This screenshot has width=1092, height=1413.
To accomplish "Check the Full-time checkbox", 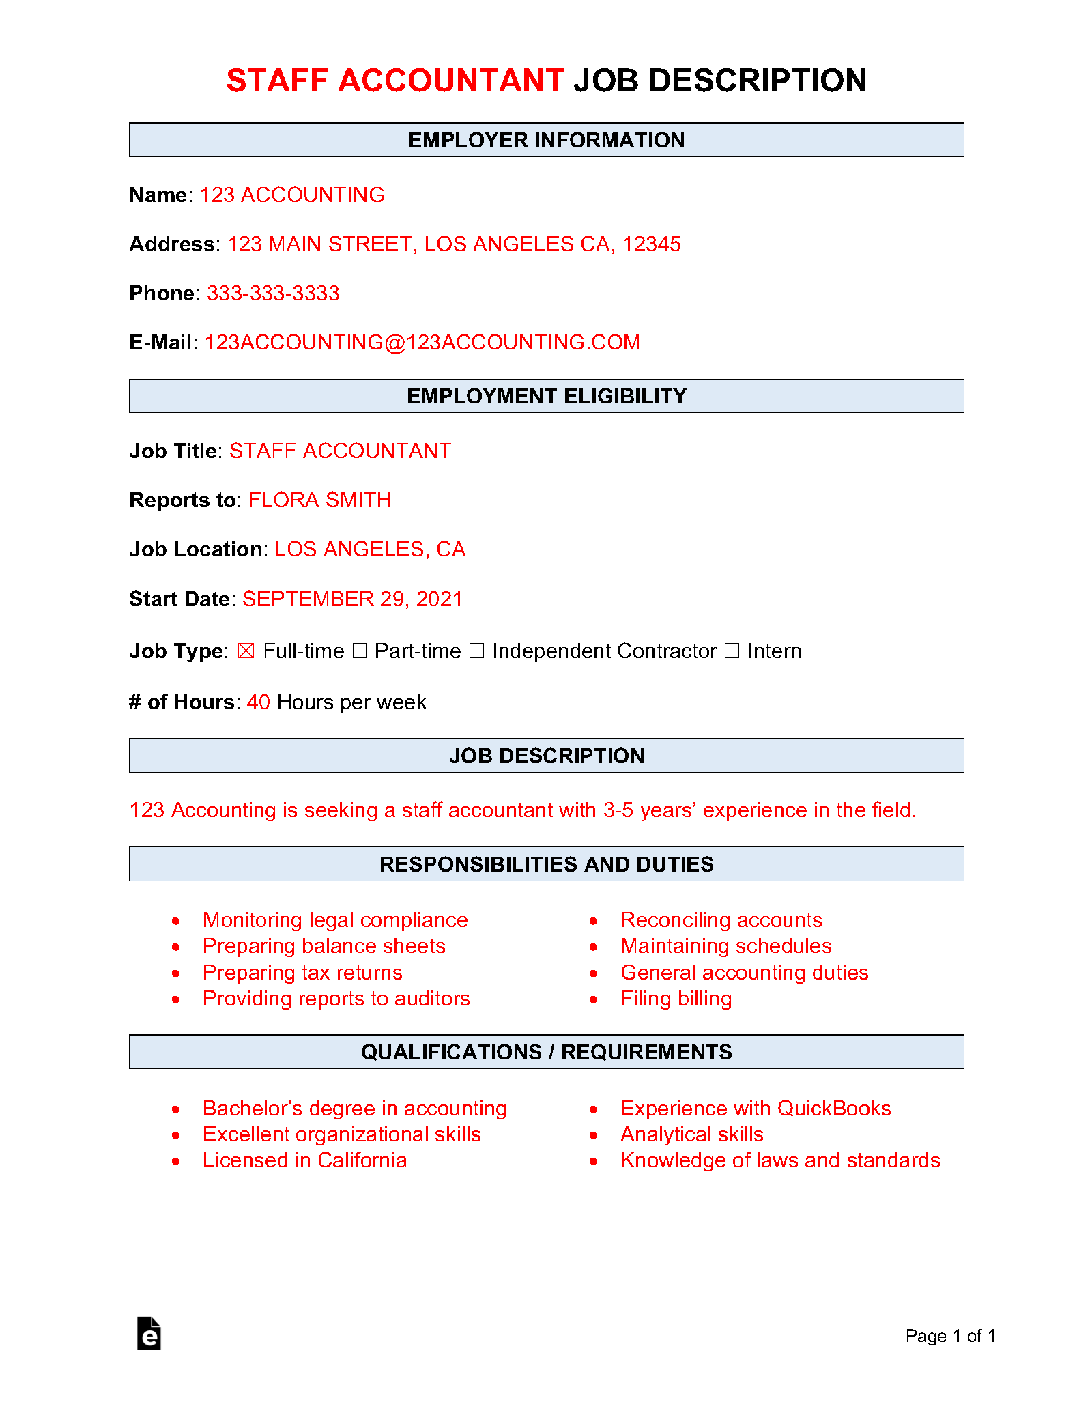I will coord(246,651).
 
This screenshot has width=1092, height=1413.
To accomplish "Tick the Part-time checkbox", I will coord(360,651).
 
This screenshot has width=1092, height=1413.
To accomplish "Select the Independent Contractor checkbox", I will coord(476,651).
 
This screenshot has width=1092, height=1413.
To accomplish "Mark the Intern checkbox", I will coord(732,651).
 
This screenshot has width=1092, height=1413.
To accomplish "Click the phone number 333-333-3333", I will coord(273,294).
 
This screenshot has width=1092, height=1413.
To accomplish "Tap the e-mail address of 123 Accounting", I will coord(422,343).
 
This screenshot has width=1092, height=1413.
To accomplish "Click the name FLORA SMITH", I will coord(319,500).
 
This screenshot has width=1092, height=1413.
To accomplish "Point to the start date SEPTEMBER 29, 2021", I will coord(352,599).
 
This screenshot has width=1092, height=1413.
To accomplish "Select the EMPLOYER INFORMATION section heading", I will coord(546,140).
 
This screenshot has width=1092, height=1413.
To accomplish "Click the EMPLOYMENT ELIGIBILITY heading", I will coord(546,397).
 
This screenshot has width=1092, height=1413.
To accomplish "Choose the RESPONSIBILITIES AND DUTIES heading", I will coord(546,864).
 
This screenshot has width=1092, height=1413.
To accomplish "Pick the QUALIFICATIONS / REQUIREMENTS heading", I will coord(546,1052).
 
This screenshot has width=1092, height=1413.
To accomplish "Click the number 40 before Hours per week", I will coord(258,702).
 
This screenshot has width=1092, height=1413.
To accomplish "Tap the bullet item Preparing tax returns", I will coord(302,973).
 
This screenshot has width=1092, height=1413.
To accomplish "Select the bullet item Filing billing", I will coord(676,999).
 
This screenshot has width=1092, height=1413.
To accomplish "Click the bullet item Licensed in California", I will coord(304,1160).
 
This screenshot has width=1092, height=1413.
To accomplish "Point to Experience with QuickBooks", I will coord(756,1109).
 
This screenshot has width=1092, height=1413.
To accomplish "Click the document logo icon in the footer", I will coord(149,1333).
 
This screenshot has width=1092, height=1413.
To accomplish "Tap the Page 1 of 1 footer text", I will coord(950,1336).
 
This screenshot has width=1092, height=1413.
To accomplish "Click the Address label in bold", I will coord(173,244).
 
